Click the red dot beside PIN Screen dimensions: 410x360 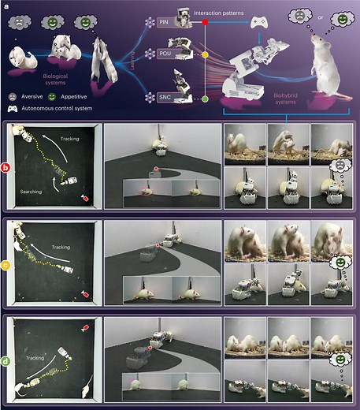pos(205,24)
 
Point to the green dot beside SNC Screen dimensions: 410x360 pos(205,98)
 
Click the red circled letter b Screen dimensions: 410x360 pos(6,168)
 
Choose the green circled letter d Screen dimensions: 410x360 pos(6,362)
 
